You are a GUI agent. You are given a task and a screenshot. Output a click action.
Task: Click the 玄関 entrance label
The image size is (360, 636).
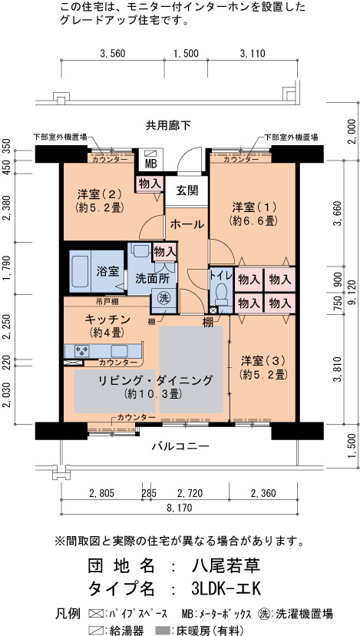click(x=187, y=190)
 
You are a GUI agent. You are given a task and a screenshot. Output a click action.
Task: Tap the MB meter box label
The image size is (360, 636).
click(x=147, y=164)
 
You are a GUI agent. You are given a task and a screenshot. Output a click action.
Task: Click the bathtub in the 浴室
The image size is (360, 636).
click(x=80, y=271)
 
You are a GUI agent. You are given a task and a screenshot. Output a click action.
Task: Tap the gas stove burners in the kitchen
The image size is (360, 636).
click(x=82, y=350)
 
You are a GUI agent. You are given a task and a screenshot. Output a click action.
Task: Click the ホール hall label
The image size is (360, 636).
click(x=187, y=224)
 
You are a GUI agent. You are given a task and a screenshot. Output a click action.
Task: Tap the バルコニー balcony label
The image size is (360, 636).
click(x=181, y=446)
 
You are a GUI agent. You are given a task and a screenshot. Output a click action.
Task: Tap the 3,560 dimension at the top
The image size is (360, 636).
click(x=112, y=53)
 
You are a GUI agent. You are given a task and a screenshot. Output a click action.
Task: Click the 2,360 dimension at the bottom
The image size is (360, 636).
click(x=263, y=493)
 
